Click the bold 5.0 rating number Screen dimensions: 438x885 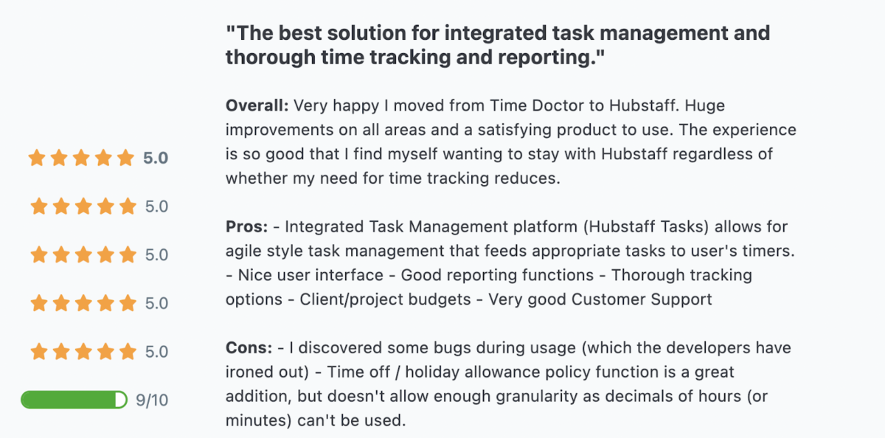[x=156, y=158]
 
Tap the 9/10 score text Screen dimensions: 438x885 [x=152, y=400]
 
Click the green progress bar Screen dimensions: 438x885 [x=74, y=400]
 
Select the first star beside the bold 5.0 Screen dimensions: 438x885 [x=37, y=158]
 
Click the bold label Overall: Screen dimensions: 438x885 [x=257, y=105]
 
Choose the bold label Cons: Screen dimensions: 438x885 [x=249, y=347]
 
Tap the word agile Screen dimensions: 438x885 [x=246, y=251]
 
